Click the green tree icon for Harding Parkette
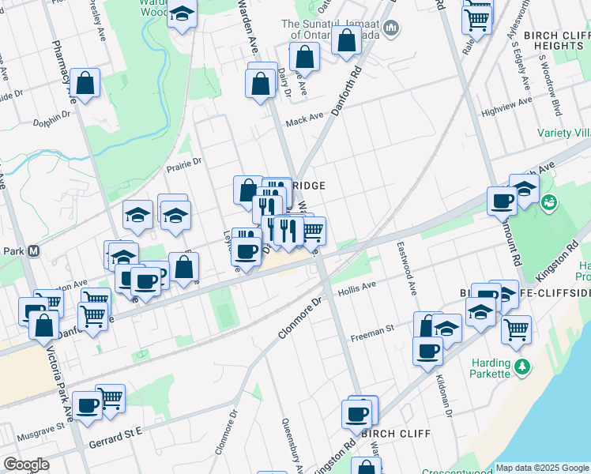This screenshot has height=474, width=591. tap(521, 367)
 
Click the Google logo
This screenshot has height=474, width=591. tap(26, 465)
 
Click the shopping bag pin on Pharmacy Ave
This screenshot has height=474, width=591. tap(84, 83)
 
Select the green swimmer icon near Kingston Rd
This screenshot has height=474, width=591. tap(547, 205)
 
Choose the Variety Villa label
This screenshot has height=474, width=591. tap(563, 133)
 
